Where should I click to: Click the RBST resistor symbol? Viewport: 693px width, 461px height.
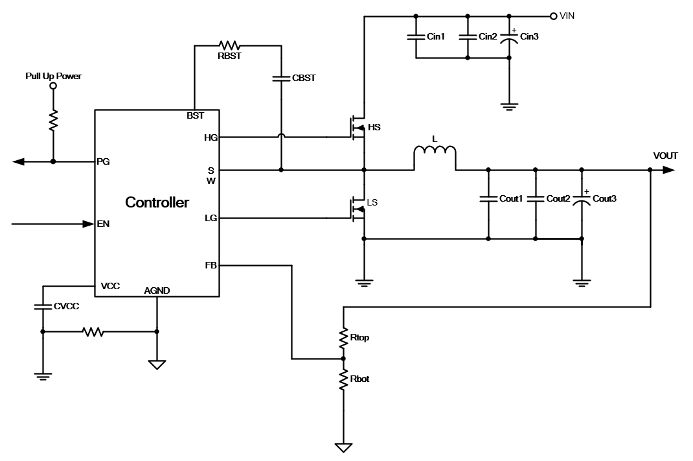click(230, 45)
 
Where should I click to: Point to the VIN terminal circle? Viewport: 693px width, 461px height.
click(553, 16)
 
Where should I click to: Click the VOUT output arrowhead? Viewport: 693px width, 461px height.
click(668, 170)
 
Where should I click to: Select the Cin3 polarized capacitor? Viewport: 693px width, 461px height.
click(509, 37)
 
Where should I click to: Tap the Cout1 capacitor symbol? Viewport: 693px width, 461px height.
click(488, 199)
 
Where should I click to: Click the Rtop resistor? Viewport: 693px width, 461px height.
click(343, 337)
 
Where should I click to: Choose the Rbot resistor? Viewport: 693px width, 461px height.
click(343, 379)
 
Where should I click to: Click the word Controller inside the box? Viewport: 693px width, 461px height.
click(157, 202)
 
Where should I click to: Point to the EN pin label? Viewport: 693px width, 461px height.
click(102, 224)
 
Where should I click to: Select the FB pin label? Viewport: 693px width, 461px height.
click(210, 265)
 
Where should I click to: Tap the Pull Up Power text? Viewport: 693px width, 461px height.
click(53, 76)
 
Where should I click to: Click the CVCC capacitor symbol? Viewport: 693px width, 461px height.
click(43, 306)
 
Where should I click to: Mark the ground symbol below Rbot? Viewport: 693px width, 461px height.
click(343, 447)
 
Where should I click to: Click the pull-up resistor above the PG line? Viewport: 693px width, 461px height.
click(53, 120)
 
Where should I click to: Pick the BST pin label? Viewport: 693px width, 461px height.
click(194, 115)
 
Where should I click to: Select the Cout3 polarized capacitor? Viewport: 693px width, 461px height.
click(582, 199)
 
